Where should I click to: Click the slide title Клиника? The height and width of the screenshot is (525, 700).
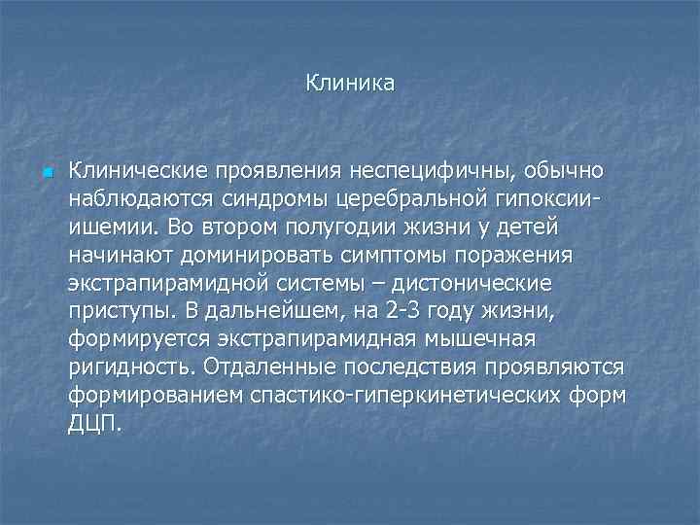click(350, 84)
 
